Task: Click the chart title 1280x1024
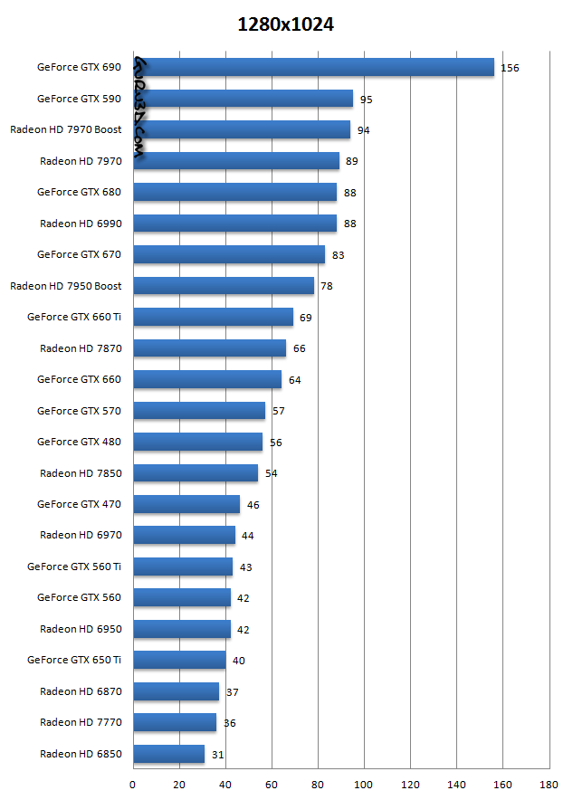pyautogui.click(x=285, y=25)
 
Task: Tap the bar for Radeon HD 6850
pyautogui.click(x=169, y=754)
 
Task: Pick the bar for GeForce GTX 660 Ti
pyautogui.click(x=214, y=317)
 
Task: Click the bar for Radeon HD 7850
pyautogui.click(x=196, y=472)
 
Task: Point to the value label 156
pyautogui.click(x=510, y=68)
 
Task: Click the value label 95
pyautogui.click(x=366, y=100)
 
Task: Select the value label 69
pyautogui.click(x=305, y=318)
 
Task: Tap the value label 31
pyautogui.click(x=217, y=754)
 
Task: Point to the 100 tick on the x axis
pyautogui.click(x=364, y=784)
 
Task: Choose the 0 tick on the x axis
pyautogui.click(x=133, y=784)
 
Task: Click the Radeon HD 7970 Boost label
pyautogui.click(x=66, y=130)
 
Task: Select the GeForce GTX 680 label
pyautogui.click(x=80, y=192)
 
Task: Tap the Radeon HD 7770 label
pyautogui.click(x=81, y=722)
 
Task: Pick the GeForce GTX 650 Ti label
pyautogui.click(x=74, y=660)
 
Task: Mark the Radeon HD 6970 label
pyautogui.click(x=81, y=535)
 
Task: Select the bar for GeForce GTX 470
pyautogui.click(x=186, y=504)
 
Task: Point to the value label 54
pyautogui.click(x=271, y=473)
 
